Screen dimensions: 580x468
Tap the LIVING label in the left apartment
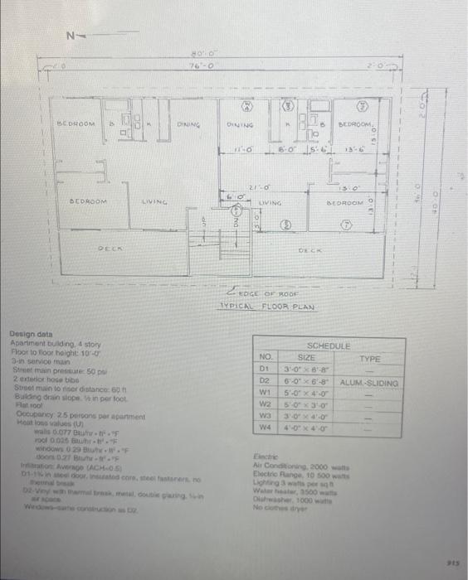coord(155,201)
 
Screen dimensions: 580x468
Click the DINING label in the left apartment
coord(190,124)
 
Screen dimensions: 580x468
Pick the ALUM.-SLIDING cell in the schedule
coord(369,384)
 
